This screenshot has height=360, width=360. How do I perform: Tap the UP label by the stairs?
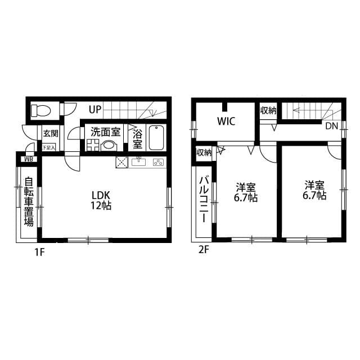click(93, 109)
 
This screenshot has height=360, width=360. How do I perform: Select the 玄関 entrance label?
click(51, 134)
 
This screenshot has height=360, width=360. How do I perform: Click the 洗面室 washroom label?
click(106, 132)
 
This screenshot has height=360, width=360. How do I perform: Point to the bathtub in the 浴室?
click(156, 137)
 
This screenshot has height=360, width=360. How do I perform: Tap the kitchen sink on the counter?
click(139, 163)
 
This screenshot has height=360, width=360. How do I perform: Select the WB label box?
click(26, 159)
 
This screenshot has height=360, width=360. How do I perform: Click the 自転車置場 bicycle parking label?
click(28, 201)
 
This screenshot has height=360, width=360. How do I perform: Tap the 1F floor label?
click(38, 252)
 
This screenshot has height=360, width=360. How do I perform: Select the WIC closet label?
click(226, 121)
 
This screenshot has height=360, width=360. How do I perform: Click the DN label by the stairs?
click(331, 126)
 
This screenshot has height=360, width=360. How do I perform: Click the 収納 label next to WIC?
click(268, 110)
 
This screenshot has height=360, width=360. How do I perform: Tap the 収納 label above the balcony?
click(204, 152)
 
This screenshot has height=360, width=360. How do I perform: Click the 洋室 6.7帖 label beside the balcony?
click(246, 192)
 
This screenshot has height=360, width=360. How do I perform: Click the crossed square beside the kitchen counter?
click(122, 163)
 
